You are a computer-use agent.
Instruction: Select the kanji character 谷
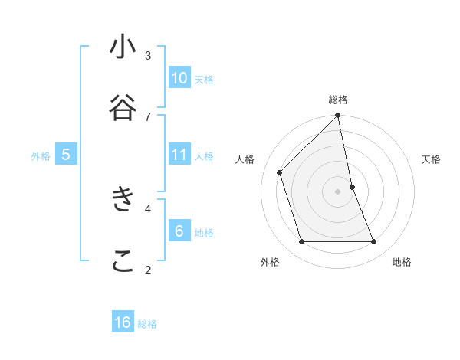123,108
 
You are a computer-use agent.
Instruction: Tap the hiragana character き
123,199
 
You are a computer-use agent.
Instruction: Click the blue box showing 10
179,78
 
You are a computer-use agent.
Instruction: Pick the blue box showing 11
179,155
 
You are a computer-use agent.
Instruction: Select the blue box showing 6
179,231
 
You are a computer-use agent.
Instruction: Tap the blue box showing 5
66,155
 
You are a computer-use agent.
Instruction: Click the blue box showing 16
123,322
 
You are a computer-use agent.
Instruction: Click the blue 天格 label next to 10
204,80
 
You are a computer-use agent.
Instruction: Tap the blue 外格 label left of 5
41,156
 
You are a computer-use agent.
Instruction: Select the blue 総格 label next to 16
147,324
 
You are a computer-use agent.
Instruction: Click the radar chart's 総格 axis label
338,100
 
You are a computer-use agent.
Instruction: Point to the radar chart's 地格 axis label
402,262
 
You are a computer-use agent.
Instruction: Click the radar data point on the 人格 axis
280,172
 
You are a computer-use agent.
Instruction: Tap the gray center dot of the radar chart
338,191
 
